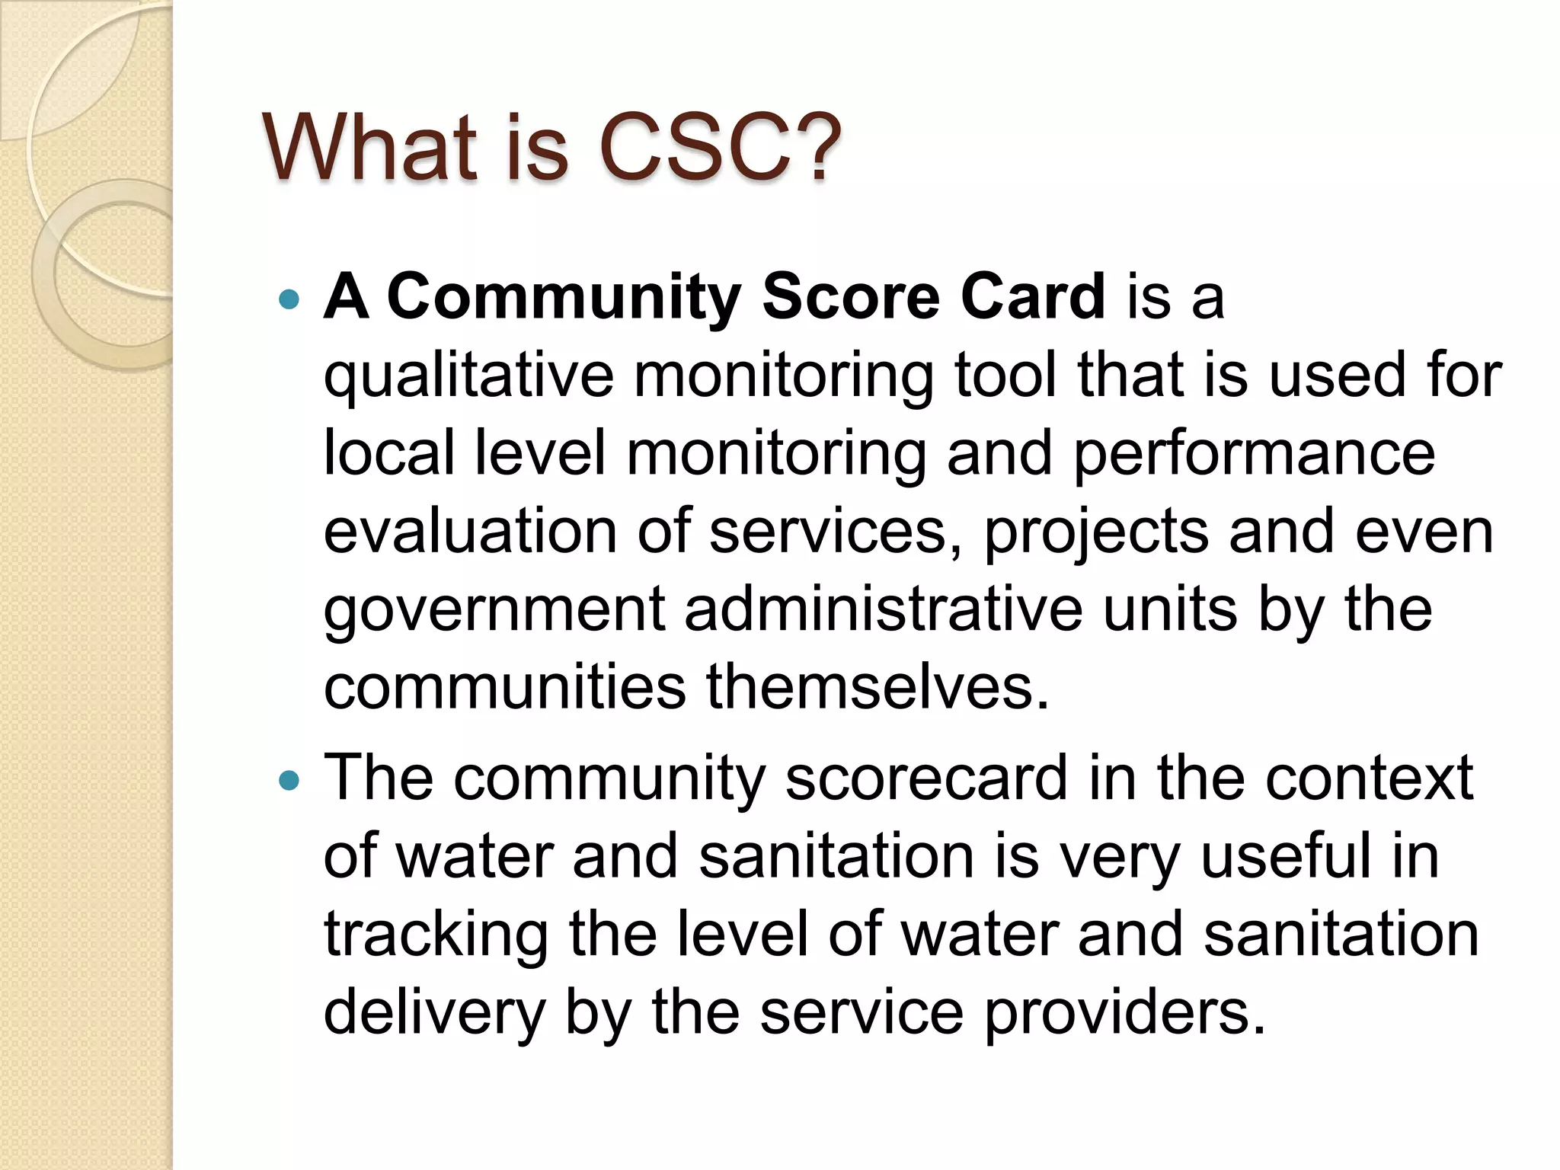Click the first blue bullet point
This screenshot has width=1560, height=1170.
click(290, 299)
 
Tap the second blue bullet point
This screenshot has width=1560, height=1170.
click(290, 781)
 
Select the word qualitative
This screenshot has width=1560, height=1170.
click(468, 377)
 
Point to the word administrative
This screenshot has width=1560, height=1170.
click(883, 609)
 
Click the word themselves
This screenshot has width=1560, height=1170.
click(877, 687)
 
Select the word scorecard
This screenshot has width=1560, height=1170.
click(925, 778)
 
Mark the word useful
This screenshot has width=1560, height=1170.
click(1297, 856)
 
